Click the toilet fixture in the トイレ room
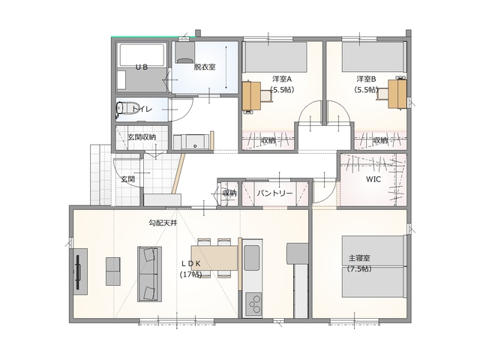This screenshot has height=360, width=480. point(125,109)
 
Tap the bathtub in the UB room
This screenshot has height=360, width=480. point(142,55)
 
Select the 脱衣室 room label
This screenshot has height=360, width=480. point(205,67)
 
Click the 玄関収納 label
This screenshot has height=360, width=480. point(142,137)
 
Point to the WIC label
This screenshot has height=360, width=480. point(373,179)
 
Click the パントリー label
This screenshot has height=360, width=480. point(274,193)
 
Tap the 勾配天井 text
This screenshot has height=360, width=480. point(163,223)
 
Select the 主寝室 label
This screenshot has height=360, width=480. point(359,258)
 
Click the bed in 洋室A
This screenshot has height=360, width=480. point(276,57)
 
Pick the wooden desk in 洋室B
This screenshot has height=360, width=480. point(397,94)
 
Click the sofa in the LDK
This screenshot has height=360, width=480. point(149,274)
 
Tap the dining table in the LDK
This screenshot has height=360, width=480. point(214,258)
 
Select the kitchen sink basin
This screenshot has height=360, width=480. point(252,258)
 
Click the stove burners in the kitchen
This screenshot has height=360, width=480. point(253,304)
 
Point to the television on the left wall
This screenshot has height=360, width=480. point(79,271)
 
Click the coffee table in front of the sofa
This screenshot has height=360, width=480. point(113,271)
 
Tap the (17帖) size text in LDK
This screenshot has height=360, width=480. point(190,274)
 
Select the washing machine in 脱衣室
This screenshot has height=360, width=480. point(185,52)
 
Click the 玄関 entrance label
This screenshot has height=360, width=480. point(127,179)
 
